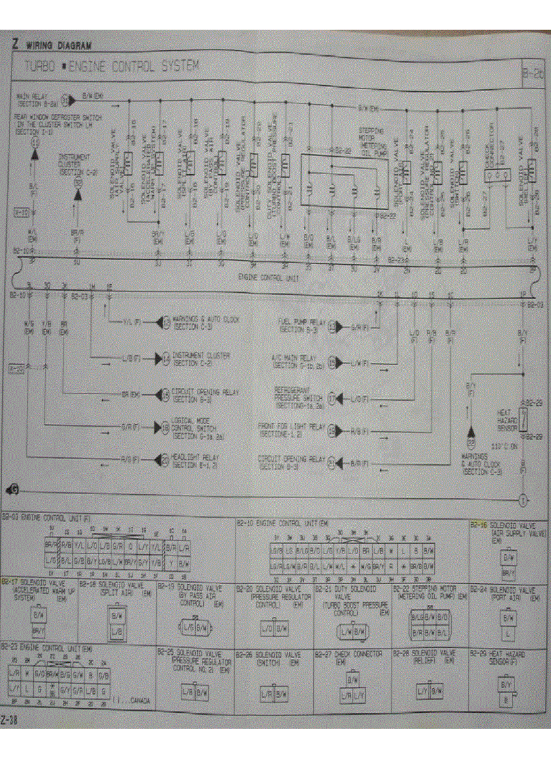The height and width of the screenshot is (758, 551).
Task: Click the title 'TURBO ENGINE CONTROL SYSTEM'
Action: pyautogui.click(x=111, y=66)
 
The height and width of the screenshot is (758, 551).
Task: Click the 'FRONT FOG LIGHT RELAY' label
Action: pyautogui.click(x=292, y=429)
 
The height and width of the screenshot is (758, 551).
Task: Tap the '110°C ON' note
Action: pyautogui.click(x=505, y=446)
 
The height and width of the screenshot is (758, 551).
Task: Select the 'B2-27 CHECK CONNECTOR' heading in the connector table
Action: pyautogui.click(x=349, y=657)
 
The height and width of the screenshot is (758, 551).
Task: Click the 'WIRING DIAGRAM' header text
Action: pyautogui.click(x=57, y=46)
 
